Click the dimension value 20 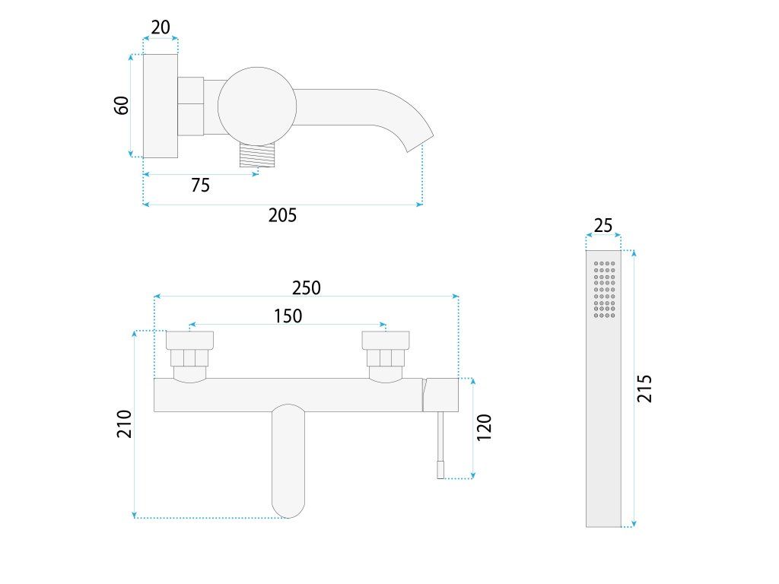(161, 27)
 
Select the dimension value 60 (122, 105)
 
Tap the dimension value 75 (200, 185)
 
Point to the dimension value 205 (282, 215)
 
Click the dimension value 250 (307, 288)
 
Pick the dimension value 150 (288, 316)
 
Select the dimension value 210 (125, 424)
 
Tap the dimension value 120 (485, 427)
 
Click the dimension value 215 (644, 389)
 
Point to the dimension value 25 (603, 226)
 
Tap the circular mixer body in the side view (256, 105)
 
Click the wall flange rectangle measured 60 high (161, 106)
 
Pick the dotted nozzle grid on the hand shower (604, 289)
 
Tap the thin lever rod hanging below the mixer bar (440, 444)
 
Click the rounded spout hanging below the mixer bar (288, 459)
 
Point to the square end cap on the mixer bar (441, 395)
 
